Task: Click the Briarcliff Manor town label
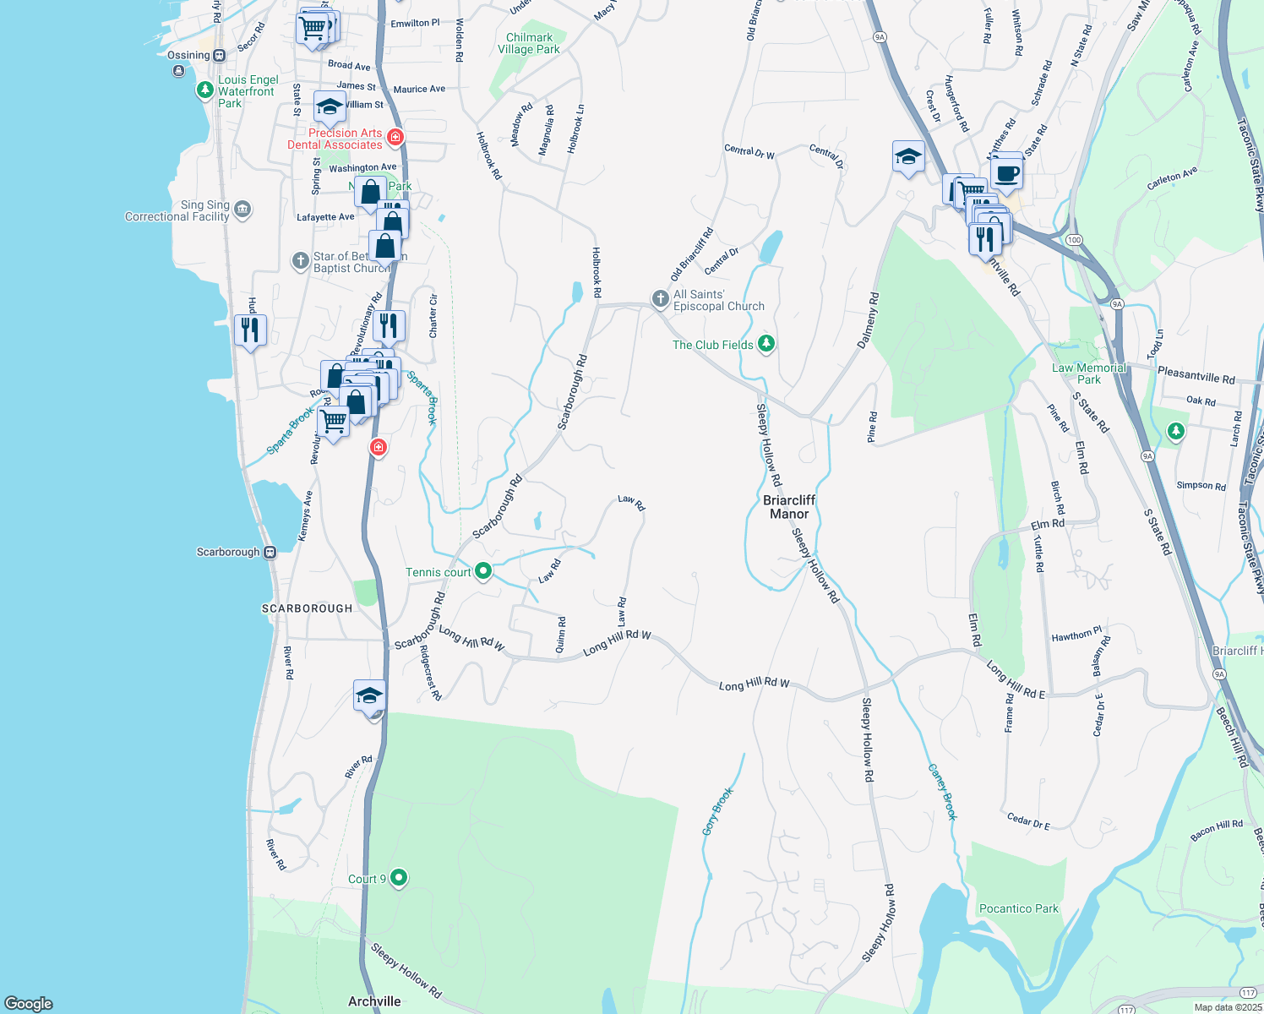[x=789, y=507]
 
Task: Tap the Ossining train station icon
[x=219, y=56]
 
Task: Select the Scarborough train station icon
[x=270, y=553]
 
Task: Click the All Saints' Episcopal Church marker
[x=660, y=299]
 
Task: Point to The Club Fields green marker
[x=766, y=344]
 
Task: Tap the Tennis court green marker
[x=483, y=572]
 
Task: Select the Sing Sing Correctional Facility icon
[x=242, y=210]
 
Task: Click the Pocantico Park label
[x=1018, y=908]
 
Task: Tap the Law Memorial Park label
[x=1088, y=373]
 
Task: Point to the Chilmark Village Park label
[x=529, y=43]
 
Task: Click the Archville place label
[x=374, y=1001]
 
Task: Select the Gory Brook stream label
[x=717, y=811]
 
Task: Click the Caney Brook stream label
[x=943, y=792]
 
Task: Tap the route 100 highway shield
[x=1074, y=240]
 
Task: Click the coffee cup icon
[x=1006, y=173]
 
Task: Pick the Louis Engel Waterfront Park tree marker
[x=204, y=90]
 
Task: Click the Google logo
[x=29, y=1003]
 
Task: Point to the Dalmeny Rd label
[x=868, y=321]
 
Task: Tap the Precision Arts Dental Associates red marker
[x=395, y=137]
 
